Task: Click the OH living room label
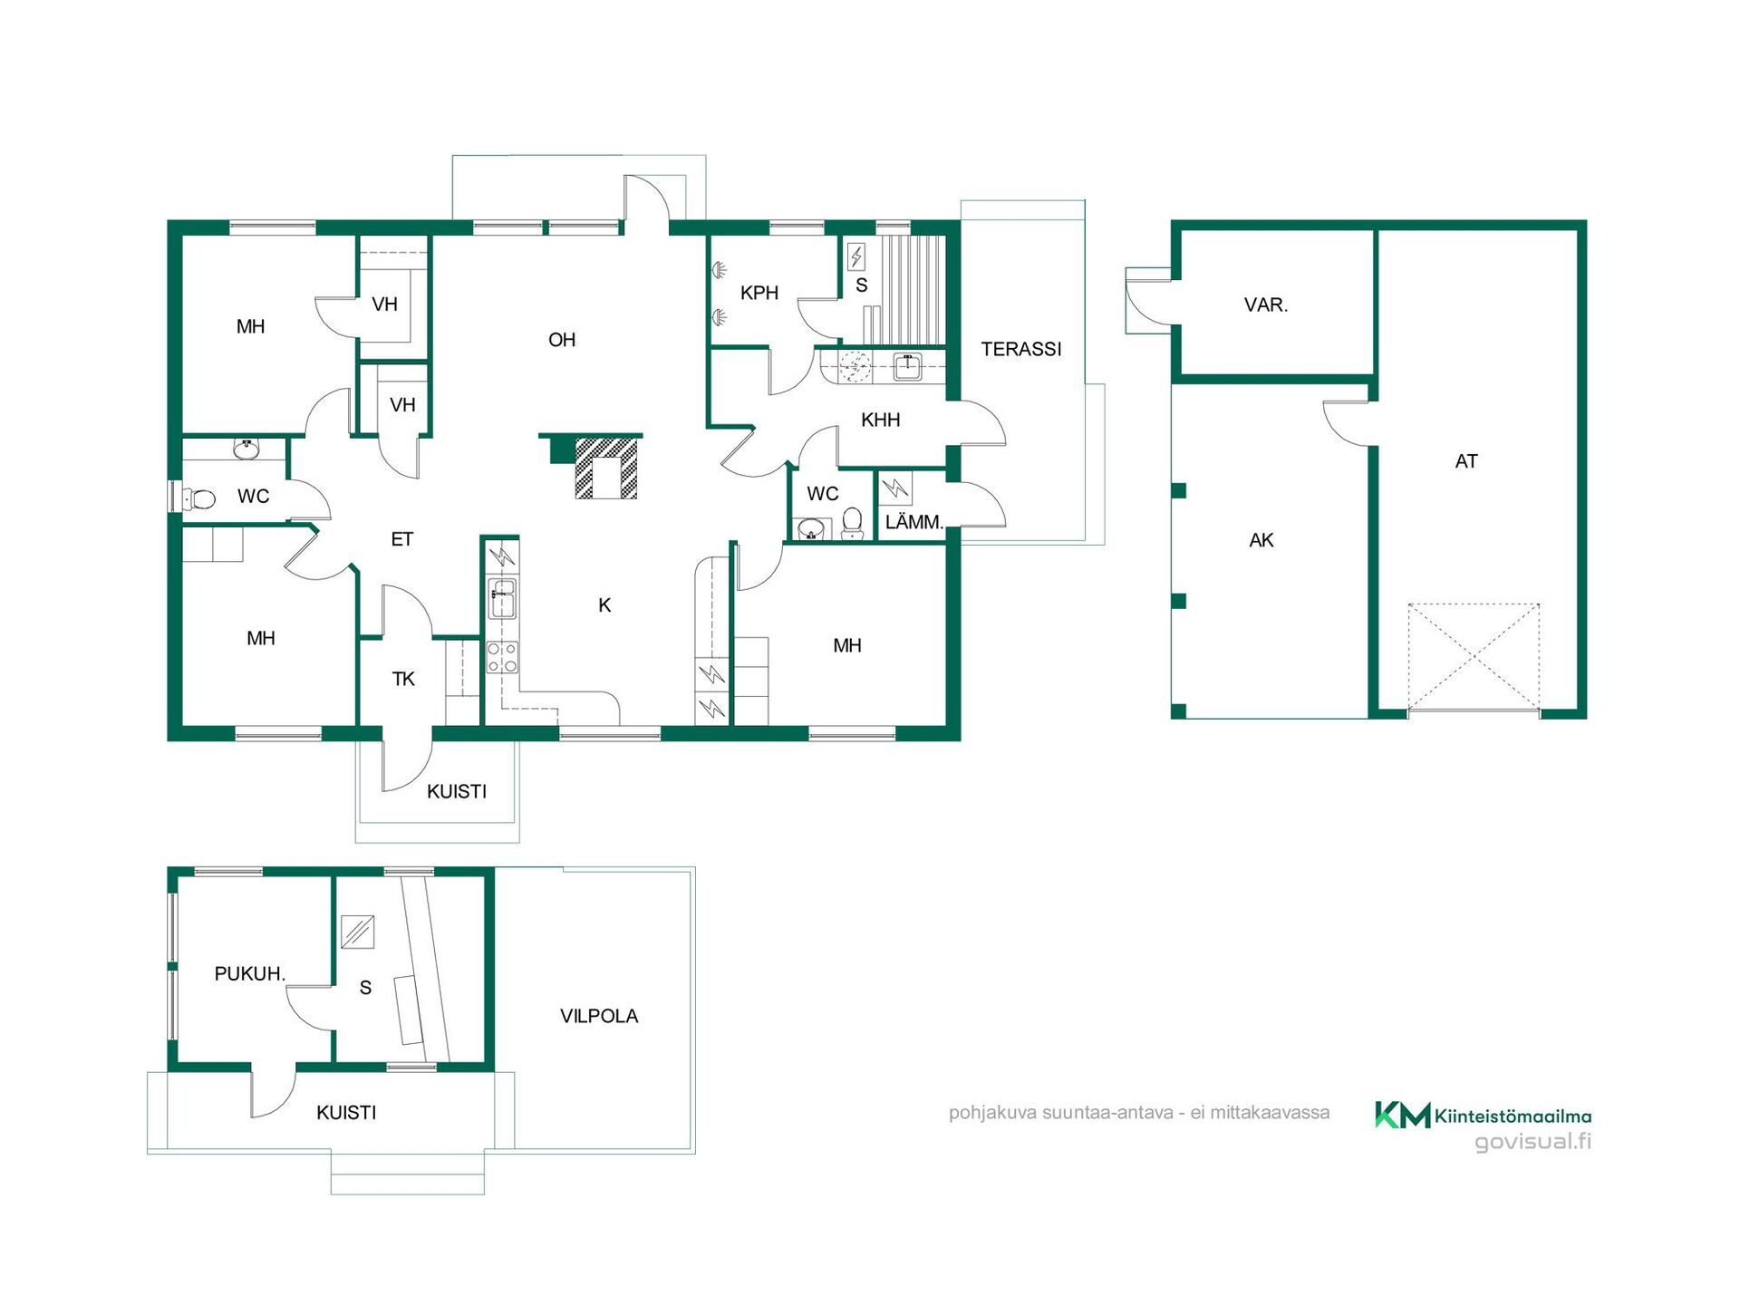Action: (562, 340)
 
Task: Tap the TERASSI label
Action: (1021, 349)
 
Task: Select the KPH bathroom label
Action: (759, 293)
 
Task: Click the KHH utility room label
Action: (881, 420)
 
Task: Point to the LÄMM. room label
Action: (914, 522)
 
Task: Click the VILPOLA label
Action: (599, 1016)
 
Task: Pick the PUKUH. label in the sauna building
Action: (250, 973)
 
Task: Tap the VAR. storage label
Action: (1266, 304)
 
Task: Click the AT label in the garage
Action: (1466, 461)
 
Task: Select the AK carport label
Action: (1261, 540)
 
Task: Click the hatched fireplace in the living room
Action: (607, 468)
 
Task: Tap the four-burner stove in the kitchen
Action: (503, 657)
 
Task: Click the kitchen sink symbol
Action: (503, 598)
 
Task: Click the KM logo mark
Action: (1402, 1115)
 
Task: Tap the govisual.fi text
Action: (1532, 1141)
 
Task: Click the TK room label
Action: (403, 679)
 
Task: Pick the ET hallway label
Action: (401, 539)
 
